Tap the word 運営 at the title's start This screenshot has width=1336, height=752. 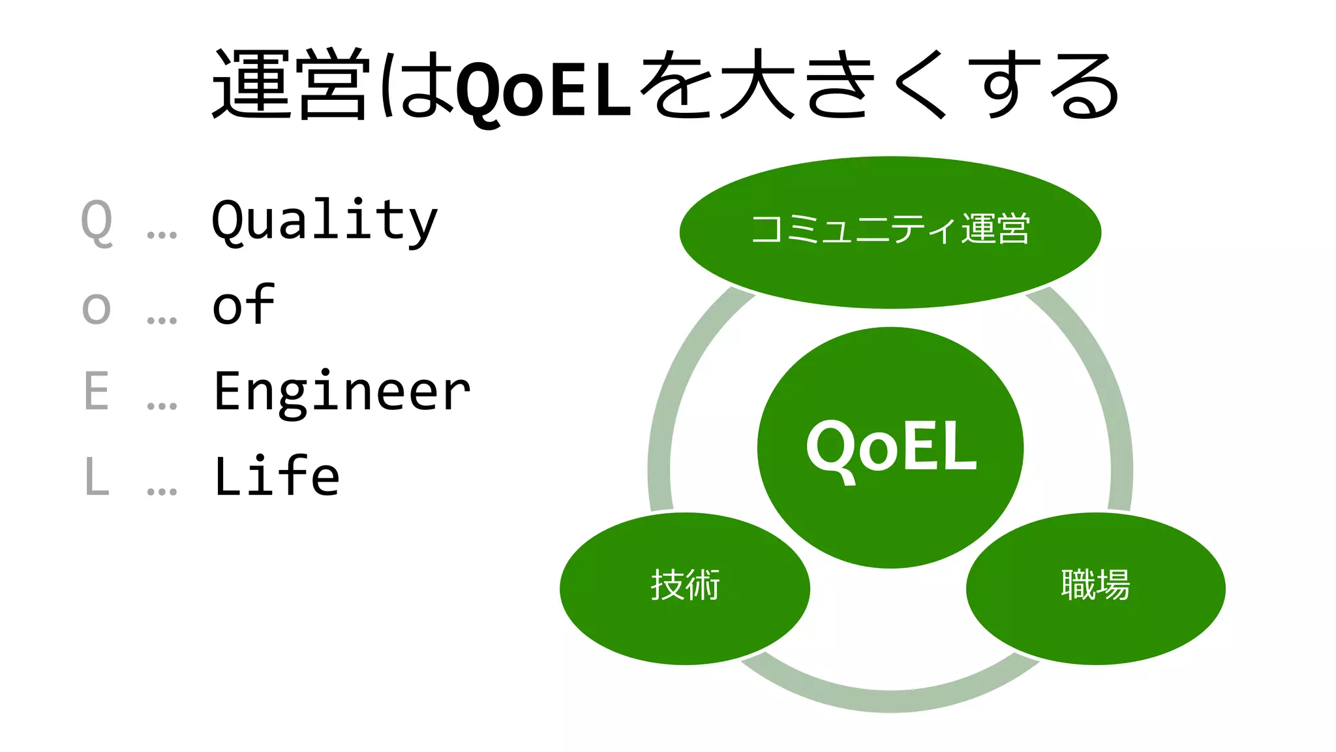tap(292, 85)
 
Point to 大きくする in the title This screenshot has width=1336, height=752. tap(920, 85)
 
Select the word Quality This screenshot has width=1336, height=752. tap(324, 221)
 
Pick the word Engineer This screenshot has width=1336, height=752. tap(342, 392)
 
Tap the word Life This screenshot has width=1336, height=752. tap(277, 476)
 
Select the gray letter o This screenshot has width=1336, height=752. tap(97, 307)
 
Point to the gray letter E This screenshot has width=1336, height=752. tap(97, 392)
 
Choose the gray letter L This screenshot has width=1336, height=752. tap(97, 477)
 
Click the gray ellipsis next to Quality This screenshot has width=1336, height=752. tap(162, 234)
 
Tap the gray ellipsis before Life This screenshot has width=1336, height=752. tap(162, 490)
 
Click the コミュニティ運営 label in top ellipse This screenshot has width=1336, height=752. tap(890, 229)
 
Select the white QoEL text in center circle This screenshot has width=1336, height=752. tap(891, 448)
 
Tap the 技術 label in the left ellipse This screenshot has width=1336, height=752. tap(685, 584)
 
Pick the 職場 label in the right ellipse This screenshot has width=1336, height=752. tap(1095, 584)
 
